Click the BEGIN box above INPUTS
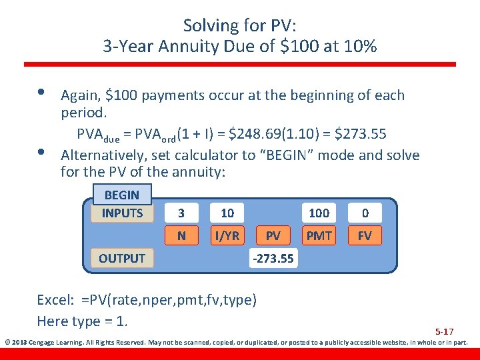tap(121, 195)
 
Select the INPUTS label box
tap(122, 213)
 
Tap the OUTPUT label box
tap(122, 258)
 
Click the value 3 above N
tap(181, 213)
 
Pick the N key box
tap(181, 235)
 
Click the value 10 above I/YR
tap(227, 213)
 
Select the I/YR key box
tap(227, 235)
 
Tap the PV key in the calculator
tap(273, 235)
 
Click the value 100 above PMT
tap(319, 213)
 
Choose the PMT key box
tap(319, 235)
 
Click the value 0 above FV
tap(365, 213)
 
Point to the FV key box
tap(365, 235)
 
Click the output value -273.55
tap(273, 259)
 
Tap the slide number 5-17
tap(445, 331)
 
